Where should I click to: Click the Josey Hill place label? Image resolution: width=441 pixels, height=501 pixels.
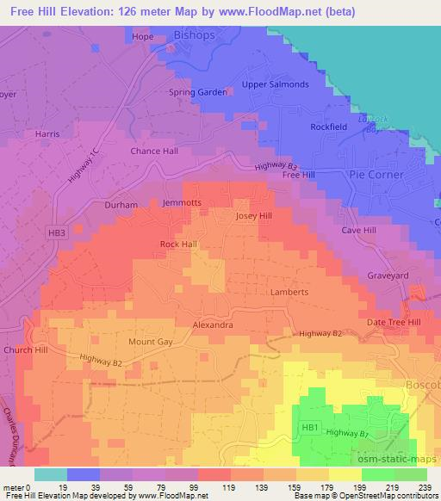(254, 216)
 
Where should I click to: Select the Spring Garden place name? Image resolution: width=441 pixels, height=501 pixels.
(199, 92)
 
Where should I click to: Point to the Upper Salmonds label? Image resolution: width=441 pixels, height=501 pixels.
(275, 84)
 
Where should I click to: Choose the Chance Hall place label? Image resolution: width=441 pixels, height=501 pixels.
(154, 151)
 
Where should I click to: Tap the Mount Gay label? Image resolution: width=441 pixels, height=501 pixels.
(152, 342)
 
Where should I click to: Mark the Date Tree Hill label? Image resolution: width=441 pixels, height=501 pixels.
(394, 321)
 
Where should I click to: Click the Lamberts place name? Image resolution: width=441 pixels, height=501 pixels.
(289, 292)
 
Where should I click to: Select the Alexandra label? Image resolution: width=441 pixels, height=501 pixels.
(213, 325)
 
